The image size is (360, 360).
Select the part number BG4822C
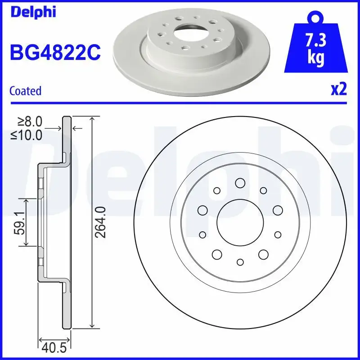(x=54, y=53)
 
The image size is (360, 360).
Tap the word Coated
(x=25, y=91)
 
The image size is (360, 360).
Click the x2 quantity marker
(x=338, y=90)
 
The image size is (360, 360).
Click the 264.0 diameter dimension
(x=102, y=222)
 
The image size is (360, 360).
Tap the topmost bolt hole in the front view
(x=240, y=183)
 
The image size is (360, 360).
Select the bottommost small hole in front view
(x=240, y=262)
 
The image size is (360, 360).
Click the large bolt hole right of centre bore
(x=277, y=210)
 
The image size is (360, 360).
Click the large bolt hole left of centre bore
(x=202, y=210)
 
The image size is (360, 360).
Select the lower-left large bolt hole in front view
(x=217, y=254)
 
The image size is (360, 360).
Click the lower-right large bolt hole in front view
(x=263, y=254)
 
